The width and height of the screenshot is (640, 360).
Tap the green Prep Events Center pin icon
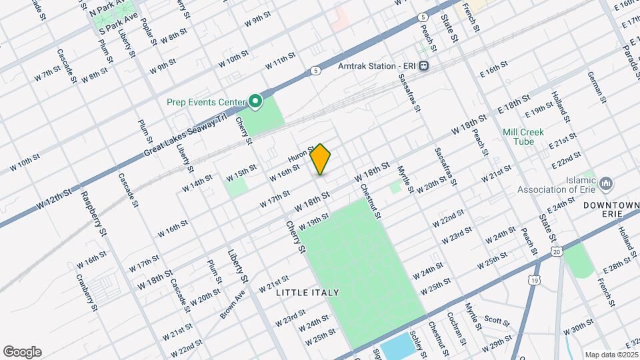pos(255,101)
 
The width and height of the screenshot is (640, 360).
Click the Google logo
pos(22,352)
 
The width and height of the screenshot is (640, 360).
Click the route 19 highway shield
pos(534,281)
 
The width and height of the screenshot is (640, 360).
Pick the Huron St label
pos(301,155)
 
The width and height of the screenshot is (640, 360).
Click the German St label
pos(596,86)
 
